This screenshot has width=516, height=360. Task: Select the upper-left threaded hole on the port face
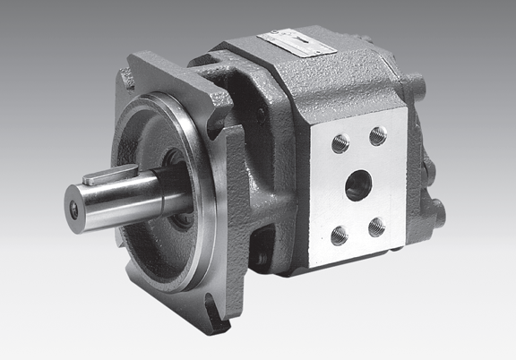pos(340,143)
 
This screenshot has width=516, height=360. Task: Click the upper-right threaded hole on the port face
pos(378,135)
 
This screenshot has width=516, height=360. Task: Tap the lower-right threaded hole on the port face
pos(377,226)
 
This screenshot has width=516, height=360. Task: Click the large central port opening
pos(358,185)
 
